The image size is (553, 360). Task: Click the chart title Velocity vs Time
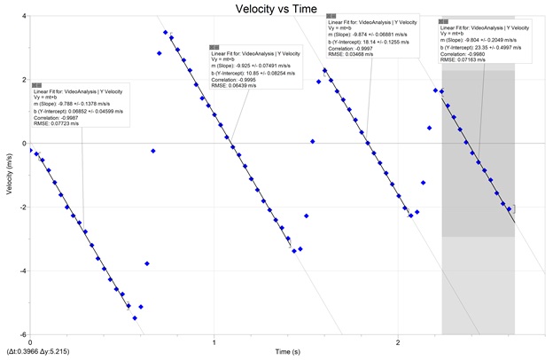[276, 8]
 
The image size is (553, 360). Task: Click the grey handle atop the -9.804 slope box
[443, 21]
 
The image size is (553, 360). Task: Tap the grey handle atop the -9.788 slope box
[36, 85]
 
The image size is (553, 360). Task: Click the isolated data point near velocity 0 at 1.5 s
[313, 141]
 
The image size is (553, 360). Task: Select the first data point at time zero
[31, 151]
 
